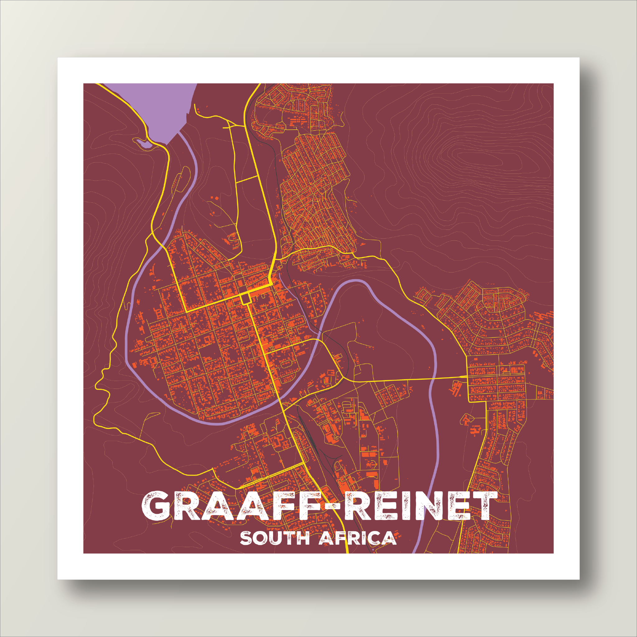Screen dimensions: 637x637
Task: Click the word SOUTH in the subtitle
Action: click(x=274, y=538)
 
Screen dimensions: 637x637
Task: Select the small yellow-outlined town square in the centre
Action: click(x=245, y=299)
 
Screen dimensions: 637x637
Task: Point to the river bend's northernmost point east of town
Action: click(x=356, y=281)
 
